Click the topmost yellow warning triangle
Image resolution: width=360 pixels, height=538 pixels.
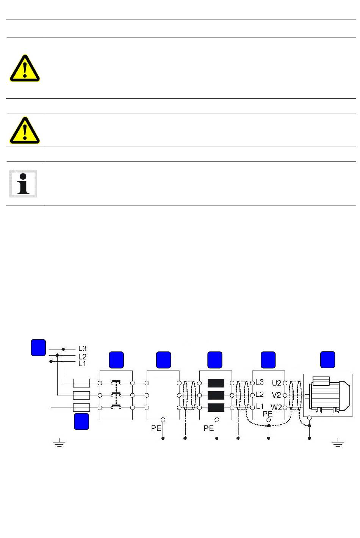25,68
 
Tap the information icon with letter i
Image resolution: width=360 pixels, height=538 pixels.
23,184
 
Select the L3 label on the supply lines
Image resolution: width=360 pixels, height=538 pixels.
82,349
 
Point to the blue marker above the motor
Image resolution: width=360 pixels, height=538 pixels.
328,359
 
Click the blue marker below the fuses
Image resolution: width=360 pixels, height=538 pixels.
81,421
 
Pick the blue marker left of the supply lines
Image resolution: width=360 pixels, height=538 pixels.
38,348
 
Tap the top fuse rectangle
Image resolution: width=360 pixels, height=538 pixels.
81,383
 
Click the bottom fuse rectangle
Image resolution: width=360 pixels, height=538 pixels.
81,408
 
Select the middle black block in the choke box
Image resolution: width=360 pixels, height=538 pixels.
216,395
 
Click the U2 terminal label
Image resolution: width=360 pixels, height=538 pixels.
277,383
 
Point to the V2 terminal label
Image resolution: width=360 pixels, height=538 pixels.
277,395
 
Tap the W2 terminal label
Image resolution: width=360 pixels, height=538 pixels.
276,408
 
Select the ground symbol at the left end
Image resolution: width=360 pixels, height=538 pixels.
59,443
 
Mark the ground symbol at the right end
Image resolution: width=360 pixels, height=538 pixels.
338,443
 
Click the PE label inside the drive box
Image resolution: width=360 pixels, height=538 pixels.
268,414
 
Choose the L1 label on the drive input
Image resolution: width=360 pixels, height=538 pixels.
260,406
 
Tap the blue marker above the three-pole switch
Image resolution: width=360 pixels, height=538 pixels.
116,360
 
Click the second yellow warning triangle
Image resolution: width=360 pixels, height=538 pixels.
25,130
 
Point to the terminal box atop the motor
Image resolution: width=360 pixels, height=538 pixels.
321,381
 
